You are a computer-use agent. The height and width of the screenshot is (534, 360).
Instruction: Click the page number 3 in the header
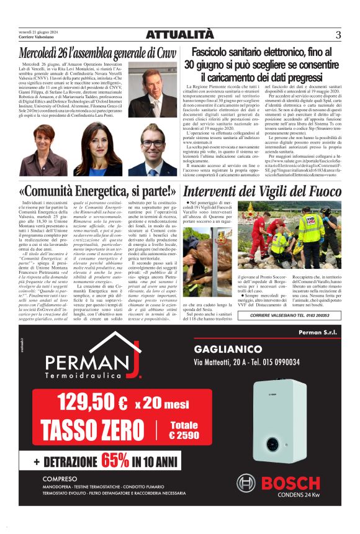pos(338,35)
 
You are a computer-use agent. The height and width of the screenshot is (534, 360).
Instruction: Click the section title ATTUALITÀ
pos(179,35)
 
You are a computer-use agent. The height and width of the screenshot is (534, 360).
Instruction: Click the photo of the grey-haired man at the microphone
pos(152,93)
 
